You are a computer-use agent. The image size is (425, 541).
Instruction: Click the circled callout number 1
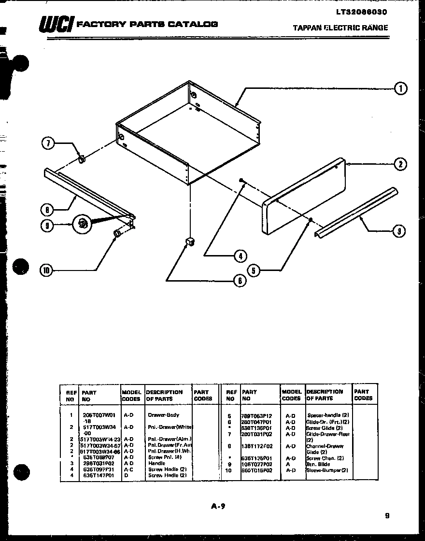tap(400, 88)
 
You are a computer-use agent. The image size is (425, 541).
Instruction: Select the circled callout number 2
tap(400, 165)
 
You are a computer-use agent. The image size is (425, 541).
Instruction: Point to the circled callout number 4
tap(240, 256)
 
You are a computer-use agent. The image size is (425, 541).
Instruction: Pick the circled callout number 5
tap(254, 270)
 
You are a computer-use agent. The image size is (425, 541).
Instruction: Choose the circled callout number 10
tap(46, 270)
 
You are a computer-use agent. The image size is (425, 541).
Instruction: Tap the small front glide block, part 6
tap(190, 241)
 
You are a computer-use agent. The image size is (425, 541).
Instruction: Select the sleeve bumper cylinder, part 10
tap(117, 234)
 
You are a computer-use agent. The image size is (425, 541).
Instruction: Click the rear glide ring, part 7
tap(82, 159)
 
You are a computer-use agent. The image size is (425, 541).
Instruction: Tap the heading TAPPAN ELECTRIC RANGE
tap(340, 28)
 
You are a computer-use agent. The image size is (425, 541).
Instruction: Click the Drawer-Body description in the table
tap(163, 415)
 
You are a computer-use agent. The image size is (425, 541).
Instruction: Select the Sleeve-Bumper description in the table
tap(327, 470)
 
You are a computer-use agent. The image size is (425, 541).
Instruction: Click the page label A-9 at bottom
tap(218, 506)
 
